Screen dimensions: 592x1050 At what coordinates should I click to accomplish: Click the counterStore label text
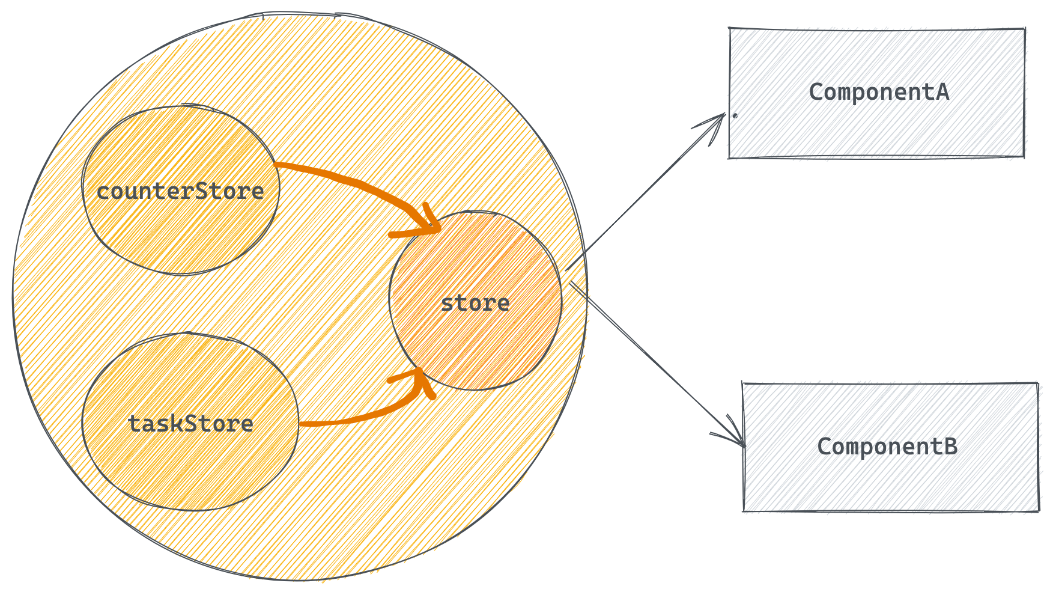(180, 192)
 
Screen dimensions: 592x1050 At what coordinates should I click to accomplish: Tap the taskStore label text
(190, 424)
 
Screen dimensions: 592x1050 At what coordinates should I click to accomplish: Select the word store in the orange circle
(475, 303)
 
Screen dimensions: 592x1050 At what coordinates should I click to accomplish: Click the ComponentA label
(879, 92)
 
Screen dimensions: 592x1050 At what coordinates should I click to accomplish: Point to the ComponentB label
(887, 447)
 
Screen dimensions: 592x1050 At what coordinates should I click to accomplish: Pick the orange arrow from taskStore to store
(360, 418)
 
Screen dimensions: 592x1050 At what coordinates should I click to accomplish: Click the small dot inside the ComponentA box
(735, 114)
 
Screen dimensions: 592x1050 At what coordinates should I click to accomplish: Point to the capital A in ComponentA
(942, 92)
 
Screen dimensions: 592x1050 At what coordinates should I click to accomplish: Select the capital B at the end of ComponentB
(950, 447)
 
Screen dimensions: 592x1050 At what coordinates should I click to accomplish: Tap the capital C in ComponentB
(824, 447)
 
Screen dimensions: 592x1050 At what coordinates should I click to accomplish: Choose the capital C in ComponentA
(816, 92)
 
